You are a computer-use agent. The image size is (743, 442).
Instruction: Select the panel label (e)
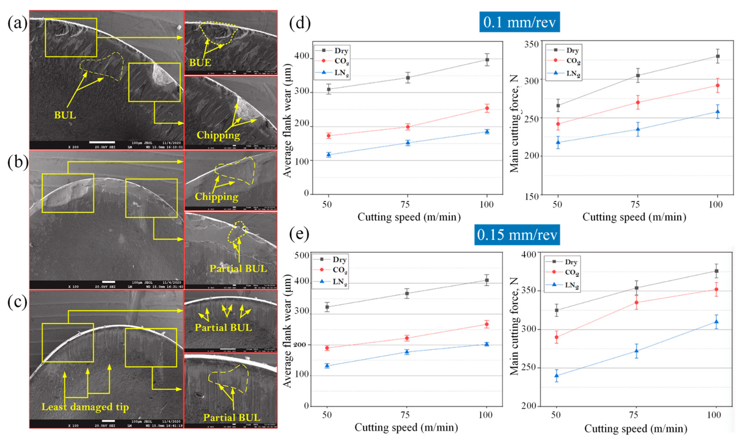point(299,234)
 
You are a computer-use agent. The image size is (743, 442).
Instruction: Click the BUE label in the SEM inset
point(200,63)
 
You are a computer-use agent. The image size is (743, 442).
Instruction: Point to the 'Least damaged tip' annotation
point(85,407)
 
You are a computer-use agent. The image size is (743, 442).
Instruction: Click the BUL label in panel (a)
point(65,115)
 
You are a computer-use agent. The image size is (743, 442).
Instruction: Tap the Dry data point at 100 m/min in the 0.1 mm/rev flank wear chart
point(487,60)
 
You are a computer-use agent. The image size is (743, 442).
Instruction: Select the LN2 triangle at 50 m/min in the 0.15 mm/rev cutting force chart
point(556,376)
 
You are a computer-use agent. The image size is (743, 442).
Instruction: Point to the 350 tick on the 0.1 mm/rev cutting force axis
point(531,44)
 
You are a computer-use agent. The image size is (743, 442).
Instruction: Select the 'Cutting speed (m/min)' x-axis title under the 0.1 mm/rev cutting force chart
point(634,217)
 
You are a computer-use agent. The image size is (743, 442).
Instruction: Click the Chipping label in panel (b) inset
point(216,197)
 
